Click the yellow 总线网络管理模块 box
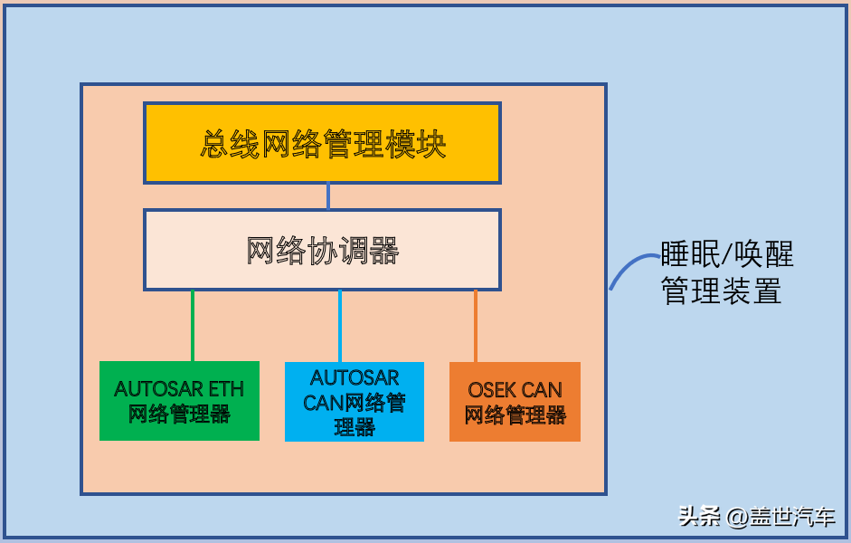[x=322, y=143]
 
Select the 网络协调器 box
[x=322, y=250]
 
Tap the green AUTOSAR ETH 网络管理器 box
[x=179, y=401]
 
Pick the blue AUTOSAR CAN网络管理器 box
[x=355, y=402]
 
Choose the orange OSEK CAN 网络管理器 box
[x=515, y=402]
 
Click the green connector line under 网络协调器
[x=193, y=326]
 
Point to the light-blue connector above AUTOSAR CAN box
[x=340, y=326]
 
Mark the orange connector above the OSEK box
[x=476, y=326]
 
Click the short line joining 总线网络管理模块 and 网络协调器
[x=328, y=196]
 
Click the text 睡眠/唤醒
[x=726, y=254]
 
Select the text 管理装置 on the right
[x=721, y=291]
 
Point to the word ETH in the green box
[x=226, y=389]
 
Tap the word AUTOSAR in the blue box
[x=355, y=377]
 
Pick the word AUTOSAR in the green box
[x=159, y=389]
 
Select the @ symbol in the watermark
[x=736, y=518]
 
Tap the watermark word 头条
[x=700, y=517]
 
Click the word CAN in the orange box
[x=543, y=390]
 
